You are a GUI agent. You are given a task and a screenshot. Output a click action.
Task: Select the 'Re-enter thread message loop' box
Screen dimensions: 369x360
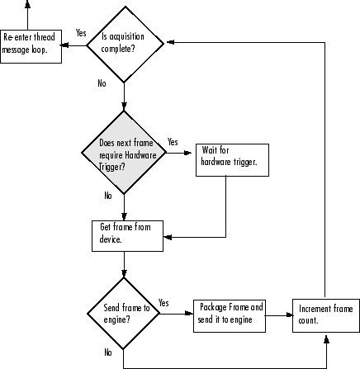pos(31,44)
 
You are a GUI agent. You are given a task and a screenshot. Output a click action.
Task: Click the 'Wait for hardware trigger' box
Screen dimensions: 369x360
pos(227,157)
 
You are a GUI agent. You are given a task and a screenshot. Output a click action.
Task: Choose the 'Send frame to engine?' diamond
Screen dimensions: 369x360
pos(123,314)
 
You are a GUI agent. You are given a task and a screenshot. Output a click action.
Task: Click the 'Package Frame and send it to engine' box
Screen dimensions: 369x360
pos(230,314)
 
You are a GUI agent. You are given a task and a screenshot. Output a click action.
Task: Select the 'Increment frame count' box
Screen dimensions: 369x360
pos(326,314)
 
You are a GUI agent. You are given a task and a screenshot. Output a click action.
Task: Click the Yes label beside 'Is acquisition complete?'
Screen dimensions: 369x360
pos(81,33)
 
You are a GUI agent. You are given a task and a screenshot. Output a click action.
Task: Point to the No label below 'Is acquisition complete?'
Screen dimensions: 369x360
pos(102,84)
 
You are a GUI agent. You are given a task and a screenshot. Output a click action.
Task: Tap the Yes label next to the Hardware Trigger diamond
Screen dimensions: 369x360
pos(173,142)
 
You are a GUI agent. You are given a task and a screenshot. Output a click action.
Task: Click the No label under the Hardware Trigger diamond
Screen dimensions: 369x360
pos(107,196)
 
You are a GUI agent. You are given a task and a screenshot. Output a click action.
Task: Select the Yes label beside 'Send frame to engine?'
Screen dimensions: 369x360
pos(163,303)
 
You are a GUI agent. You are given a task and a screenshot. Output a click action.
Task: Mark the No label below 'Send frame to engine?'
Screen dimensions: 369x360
pos(107,352)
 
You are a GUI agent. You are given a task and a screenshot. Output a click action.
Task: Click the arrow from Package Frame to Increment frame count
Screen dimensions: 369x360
pos(279,314)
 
